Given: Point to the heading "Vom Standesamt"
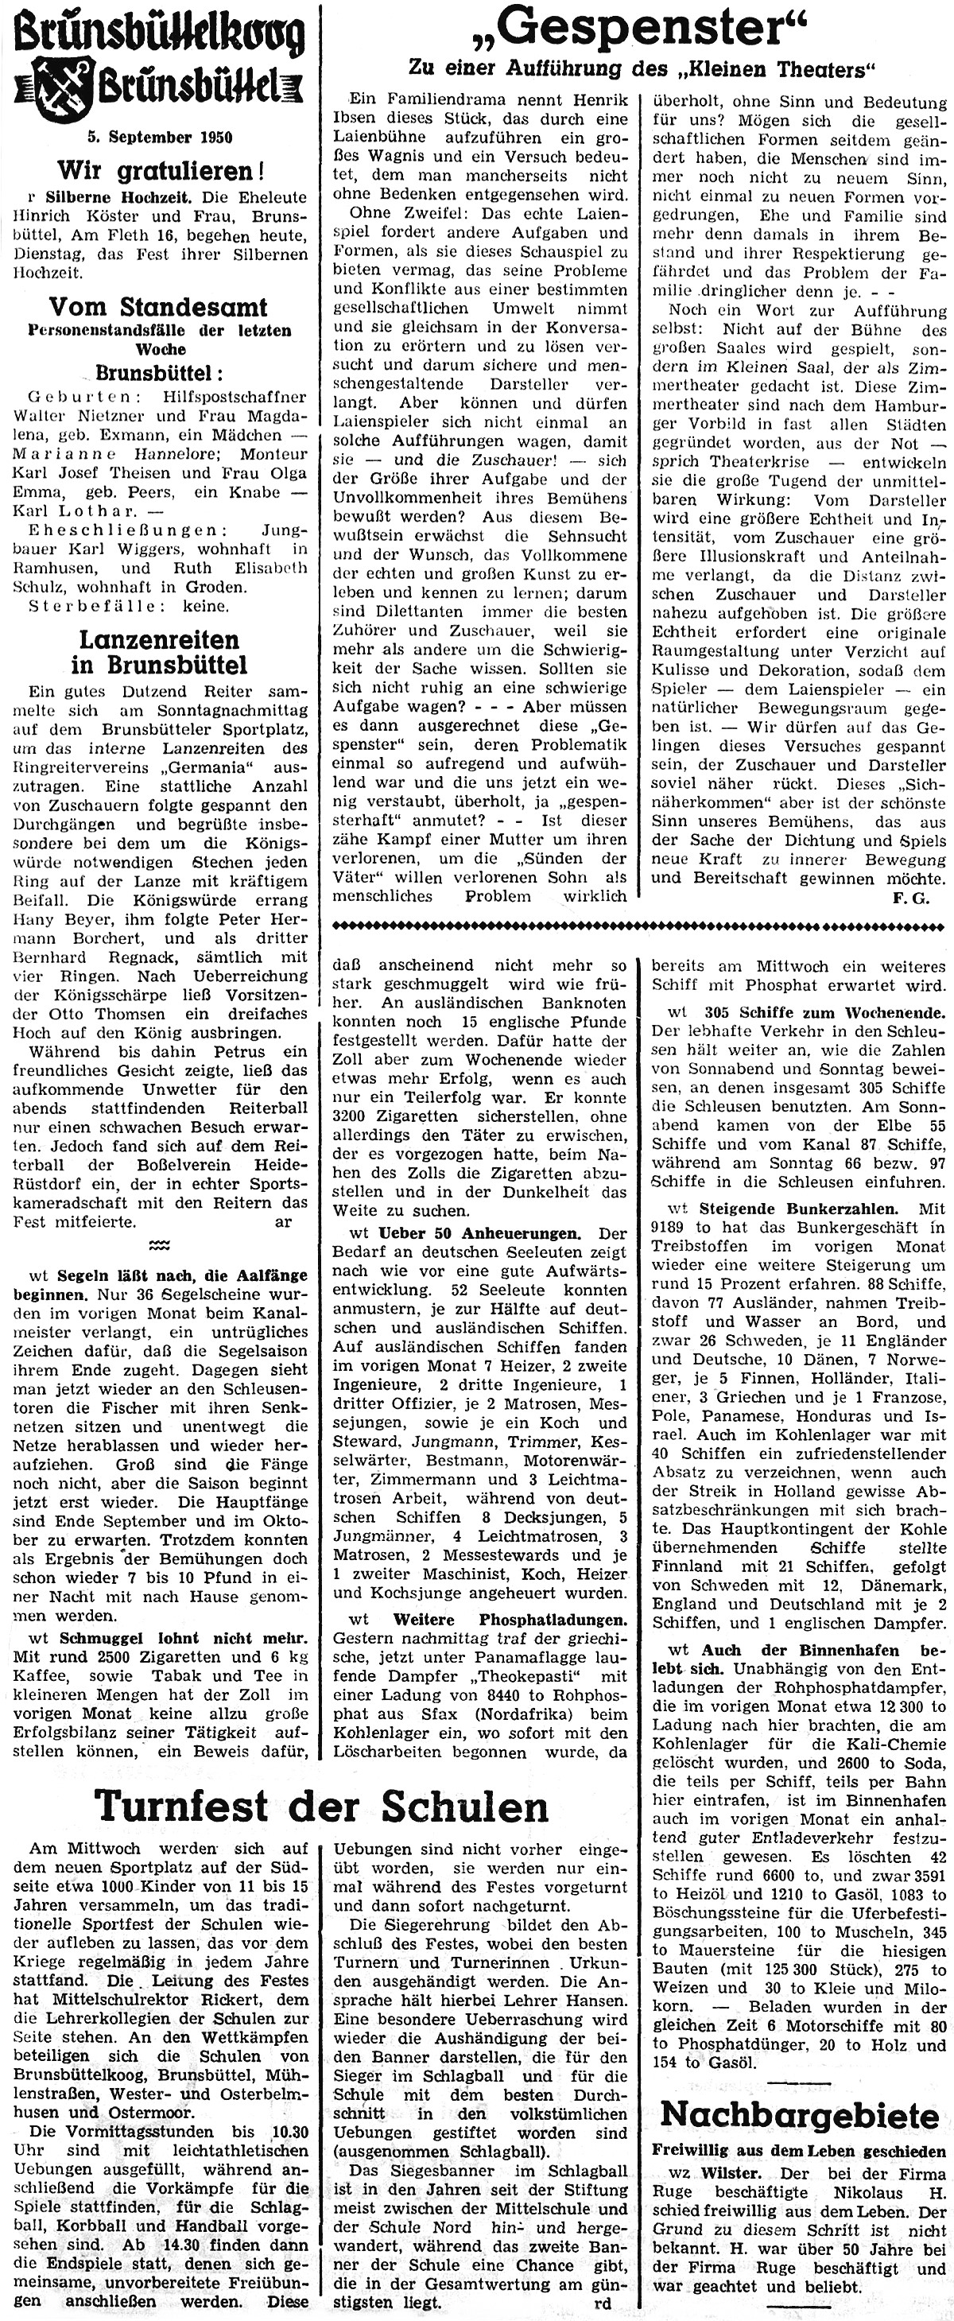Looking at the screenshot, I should pos(158,307).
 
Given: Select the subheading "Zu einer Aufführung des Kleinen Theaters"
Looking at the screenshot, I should pos(642,68).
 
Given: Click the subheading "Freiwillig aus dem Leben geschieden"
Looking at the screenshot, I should pos(799,2151).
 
